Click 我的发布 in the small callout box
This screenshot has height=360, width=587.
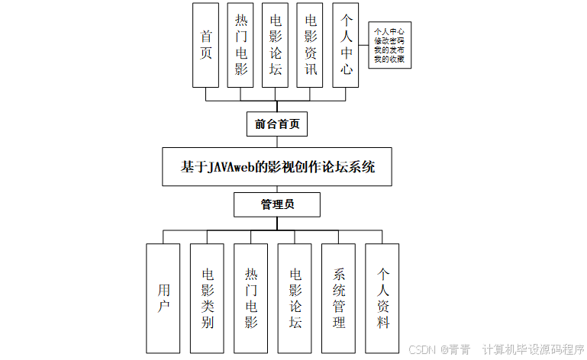point(389,50)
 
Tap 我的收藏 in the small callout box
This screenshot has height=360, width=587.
point(389,59)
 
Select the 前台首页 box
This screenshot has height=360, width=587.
point(276,123)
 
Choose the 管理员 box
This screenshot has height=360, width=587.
point(276,204)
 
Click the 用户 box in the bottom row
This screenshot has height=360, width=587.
point(163,297)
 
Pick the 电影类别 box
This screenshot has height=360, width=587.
point(207,297)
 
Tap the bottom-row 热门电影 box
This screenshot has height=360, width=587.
point(251,297)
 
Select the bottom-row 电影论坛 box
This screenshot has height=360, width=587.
point(295,297)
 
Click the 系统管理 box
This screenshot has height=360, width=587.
point(339,297)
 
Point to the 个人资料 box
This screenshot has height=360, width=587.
point(382,297)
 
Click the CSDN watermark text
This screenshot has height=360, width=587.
point(421,349)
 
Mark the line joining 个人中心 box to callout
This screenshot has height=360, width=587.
point(364,46)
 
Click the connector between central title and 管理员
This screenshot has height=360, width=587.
point(276,189)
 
